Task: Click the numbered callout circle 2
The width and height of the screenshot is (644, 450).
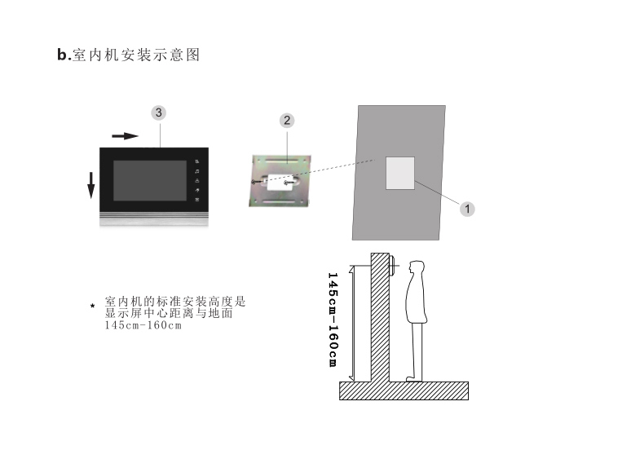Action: tap(287, 121)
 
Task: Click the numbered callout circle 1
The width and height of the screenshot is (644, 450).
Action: tap(467, 208)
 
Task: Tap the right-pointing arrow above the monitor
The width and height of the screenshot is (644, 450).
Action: tap(125, 136)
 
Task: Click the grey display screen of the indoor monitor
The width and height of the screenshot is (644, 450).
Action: tap(149, 181)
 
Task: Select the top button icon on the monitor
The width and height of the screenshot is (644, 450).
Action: tap(196, 162)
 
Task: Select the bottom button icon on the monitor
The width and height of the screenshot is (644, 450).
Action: tap(196, 199)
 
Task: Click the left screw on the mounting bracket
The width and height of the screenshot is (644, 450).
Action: tap(255, 181)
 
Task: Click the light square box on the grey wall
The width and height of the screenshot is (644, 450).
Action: tap(399, 173)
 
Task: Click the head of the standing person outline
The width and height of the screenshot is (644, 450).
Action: tap(417, 271)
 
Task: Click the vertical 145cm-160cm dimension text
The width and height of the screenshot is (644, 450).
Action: tap(333, 319)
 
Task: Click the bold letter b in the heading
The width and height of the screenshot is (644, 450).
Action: tap(62, 55)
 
